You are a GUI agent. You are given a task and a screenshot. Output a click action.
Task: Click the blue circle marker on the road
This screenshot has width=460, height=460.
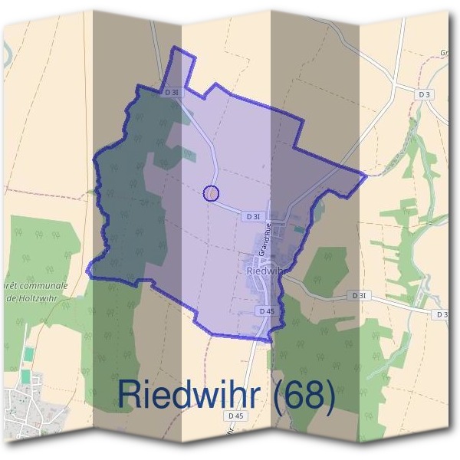211,193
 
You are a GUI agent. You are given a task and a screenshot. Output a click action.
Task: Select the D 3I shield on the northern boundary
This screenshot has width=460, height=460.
172,91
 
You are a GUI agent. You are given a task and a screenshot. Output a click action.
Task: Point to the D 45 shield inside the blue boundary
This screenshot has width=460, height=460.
266,310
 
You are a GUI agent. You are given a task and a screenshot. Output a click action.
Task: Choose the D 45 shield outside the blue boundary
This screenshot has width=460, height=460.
236,416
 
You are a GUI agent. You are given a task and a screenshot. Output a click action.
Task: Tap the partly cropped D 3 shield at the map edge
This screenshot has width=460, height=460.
441,314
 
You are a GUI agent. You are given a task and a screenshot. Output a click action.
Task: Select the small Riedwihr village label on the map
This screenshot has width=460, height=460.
267,270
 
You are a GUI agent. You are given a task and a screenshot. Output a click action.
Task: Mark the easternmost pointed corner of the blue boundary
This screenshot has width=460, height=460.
366,175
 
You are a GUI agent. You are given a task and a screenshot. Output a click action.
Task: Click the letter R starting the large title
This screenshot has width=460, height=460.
130,396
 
